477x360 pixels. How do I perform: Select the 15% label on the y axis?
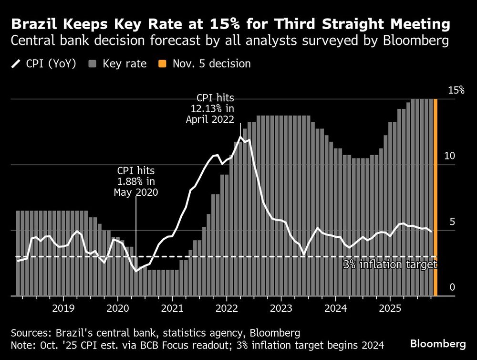coord(455,90)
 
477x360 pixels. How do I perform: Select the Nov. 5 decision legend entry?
coord(205,64)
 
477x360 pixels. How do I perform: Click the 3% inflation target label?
coord(390,265)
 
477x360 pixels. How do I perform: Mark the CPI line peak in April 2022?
coord(240,137)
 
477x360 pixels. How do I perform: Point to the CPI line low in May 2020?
coord(136,271)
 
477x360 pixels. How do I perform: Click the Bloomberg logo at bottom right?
coord(438,344)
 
